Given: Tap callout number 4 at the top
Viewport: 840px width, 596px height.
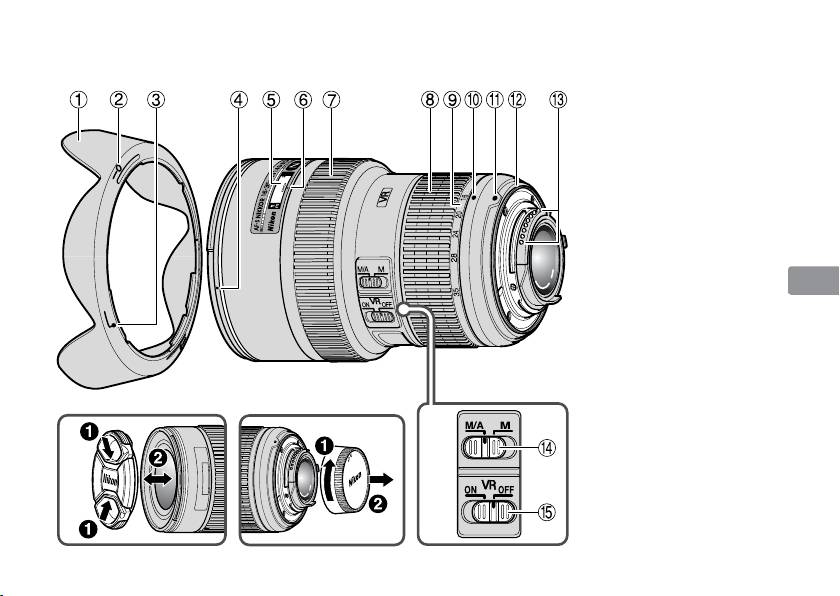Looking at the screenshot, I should click(x=237, y=100).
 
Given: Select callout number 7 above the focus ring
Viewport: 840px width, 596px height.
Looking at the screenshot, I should click(x=332, y=100).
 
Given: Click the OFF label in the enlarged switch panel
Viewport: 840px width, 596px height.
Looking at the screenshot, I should click(x=505, y=492).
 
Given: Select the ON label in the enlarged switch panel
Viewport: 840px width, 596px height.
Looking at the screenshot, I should click(x=471, y=492).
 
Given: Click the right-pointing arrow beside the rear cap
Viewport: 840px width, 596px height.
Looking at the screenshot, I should click(x=384, y=480).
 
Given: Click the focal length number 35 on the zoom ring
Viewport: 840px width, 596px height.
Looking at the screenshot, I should click(x=456, y=292).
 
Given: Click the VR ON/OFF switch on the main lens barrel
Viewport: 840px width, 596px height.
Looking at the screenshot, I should click(x=379, y=319).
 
